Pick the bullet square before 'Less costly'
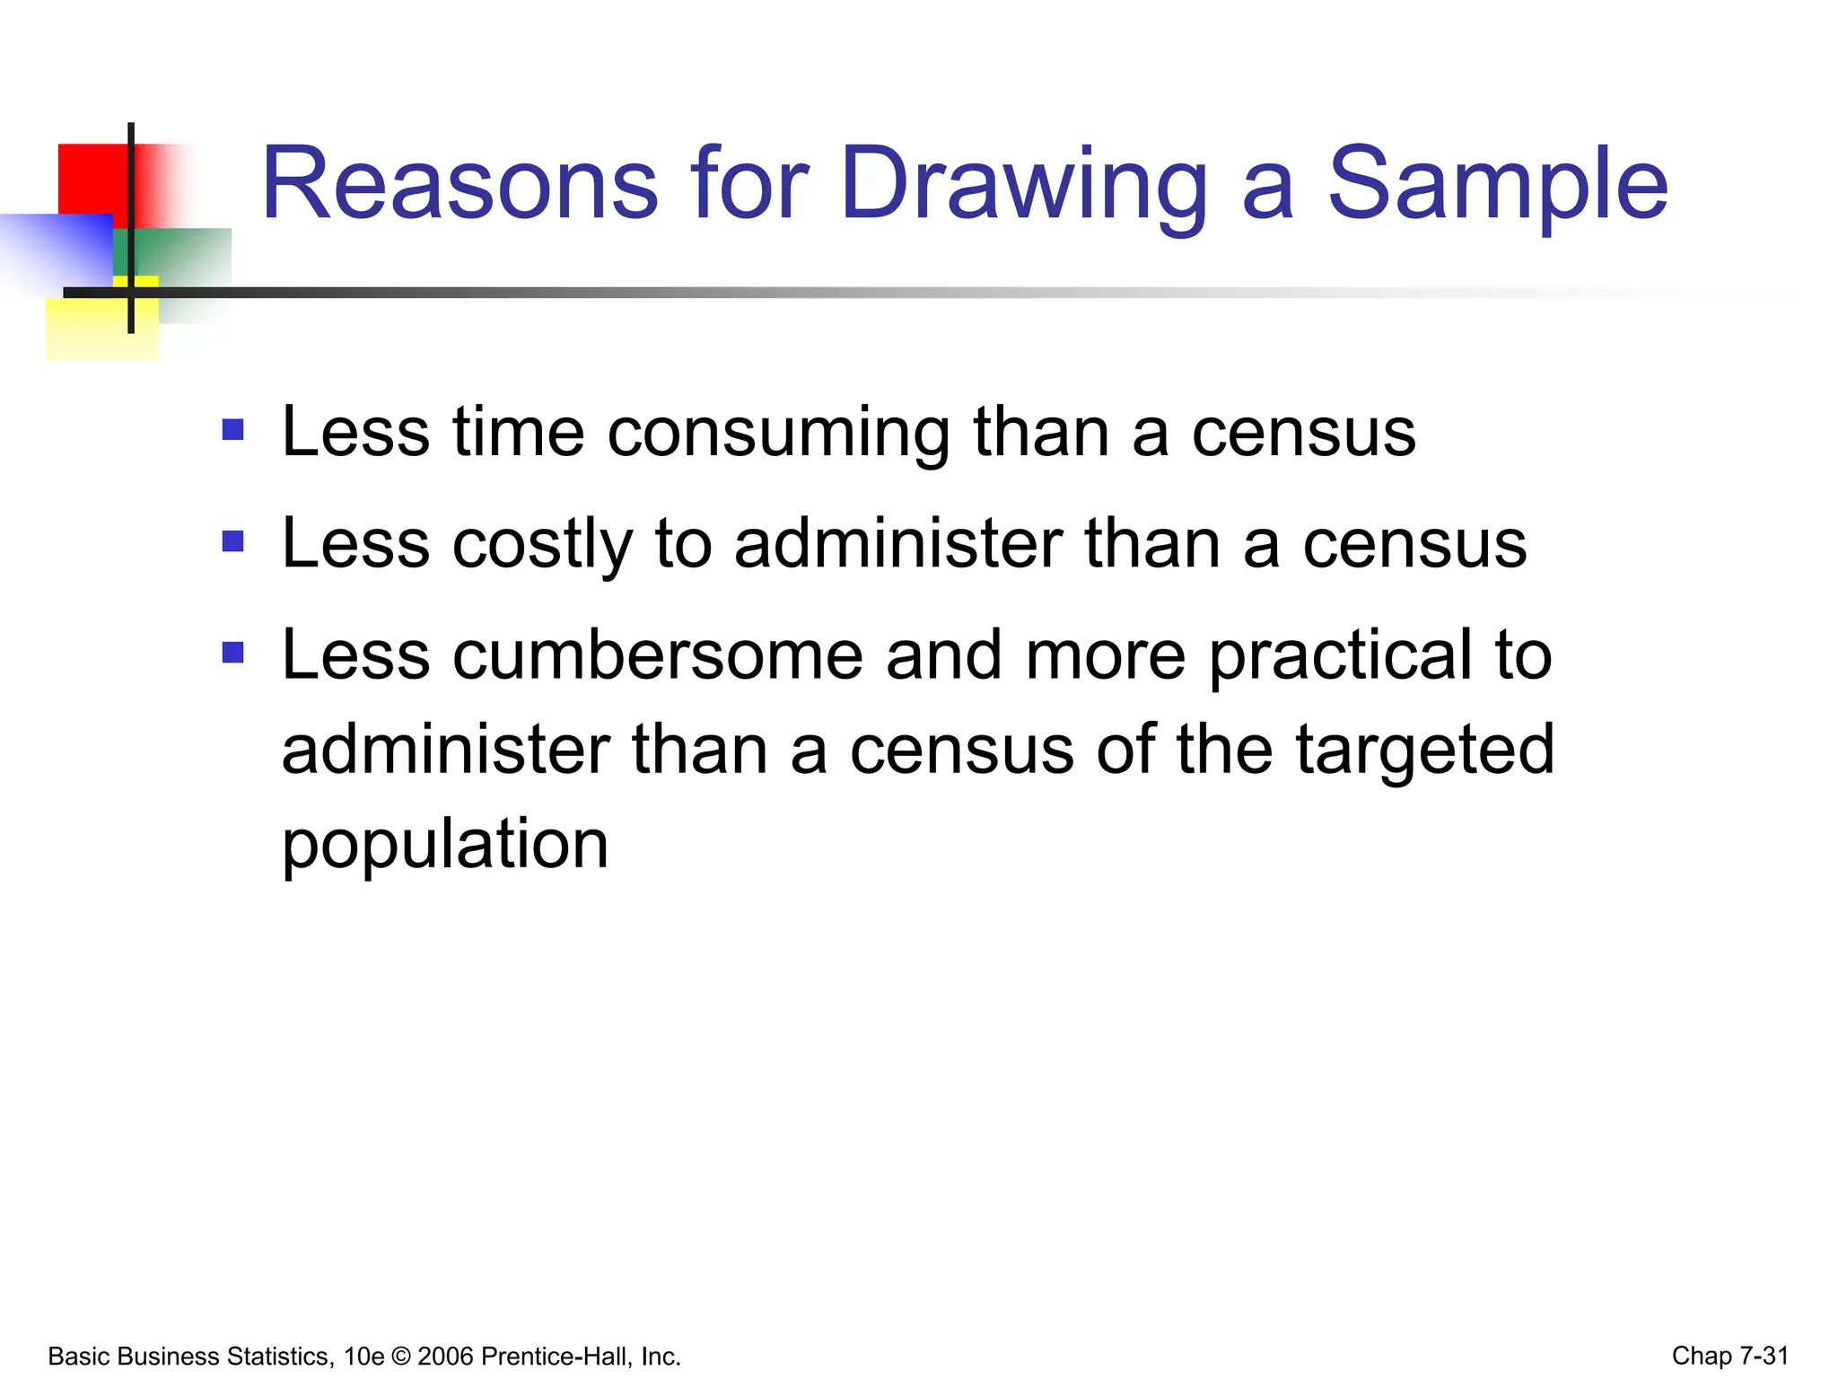(233, 540)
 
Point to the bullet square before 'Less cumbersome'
(233, 652)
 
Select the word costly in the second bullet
(542, 546)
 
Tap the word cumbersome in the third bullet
(657, 655)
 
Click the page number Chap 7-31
(1729, 1356)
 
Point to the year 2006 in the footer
(446, 1357)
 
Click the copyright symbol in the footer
(400, 1357)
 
